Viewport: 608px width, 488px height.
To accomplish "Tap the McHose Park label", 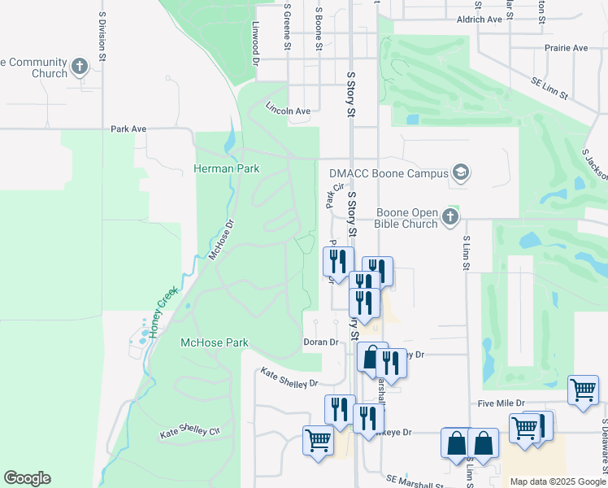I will pyautogui.click(x=214, y=342).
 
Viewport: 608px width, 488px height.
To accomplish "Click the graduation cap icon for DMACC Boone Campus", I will pyautogui.click(x=462, y=172).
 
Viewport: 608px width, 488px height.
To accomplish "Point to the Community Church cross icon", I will pyautogui.click(x=80, y=67).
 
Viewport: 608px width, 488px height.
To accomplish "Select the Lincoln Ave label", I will pyautogui.click(x=289, y=111).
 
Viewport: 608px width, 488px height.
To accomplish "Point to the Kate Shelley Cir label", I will pyautogui.click(x=190, y=432).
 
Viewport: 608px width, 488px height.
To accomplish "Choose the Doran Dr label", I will pyautogui.click(x=320, y=342).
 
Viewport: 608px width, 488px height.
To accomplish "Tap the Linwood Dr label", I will pyautogui.click(x=254, y=42).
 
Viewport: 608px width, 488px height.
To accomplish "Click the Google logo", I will pyautogui.click(x=27, y=478).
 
